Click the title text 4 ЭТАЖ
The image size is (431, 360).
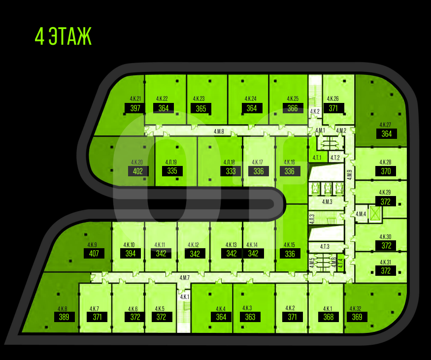click(64, 37)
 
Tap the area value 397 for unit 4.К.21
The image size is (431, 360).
click(135, 108)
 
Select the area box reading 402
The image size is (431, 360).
click(138, 171)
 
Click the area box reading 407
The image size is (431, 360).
click(94, 254)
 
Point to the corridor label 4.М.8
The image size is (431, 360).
click(219, 131)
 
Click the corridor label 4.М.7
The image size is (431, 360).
click(185, 278)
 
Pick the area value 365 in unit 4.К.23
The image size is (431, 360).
click(200, 109)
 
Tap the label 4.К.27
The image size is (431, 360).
click(385, 125)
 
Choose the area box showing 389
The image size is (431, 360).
click(64, 317)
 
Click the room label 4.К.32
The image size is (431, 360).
click(355, 309)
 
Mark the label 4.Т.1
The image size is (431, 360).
click(317, 158)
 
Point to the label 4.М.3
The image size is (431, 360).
click(327, 202)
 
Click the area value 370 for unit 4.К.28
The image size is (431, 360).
click(386, 171)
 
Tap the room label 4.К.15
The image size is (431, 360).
click(290, 245)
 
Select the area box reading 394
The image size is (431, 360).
click(131, 254)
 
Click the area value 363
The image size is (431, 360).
click(250, 317)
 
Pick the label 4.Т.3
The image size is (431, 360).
click(325, 247)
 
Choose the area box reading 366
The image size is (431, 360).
click(293, 108)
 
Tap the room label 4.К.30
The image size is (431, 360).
click(385, 237)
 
